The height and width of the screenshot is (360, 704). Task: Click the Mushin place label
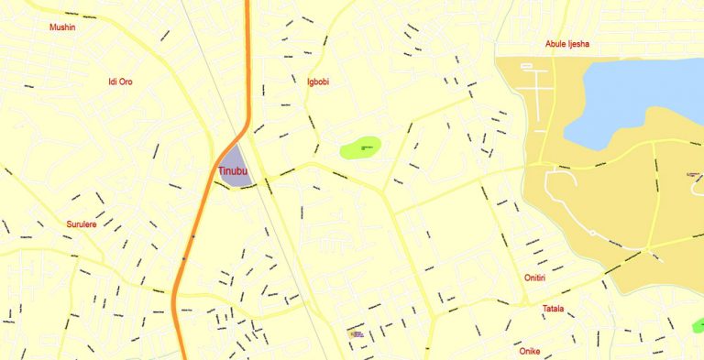(x=62, y=27)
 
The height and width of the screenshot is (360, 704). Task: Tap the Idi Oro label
(x=120, y=82)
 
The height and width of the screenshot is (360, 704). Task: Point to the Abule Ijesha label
(x=567, y=44)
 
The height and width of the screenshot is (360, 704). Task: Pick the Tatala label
(x=553, y=309)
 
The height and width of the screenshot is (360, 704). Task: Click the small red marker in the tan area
(x=690, y=174)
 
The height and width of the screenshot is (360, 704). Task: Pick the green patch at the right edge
(x=698, y=325)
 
